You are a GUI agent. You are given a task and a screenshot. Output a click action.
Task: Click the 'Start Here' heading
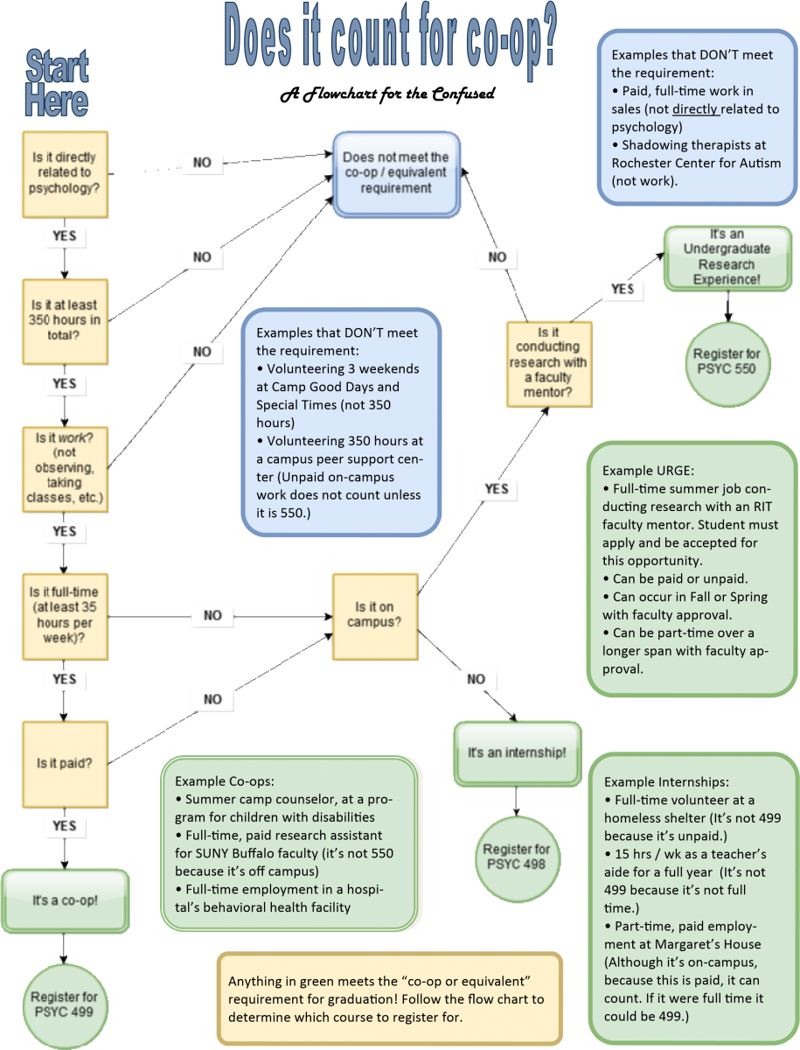point(57,85)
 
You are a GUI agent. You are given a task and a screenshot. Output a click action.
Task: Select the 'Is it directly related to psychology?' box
point(66,175)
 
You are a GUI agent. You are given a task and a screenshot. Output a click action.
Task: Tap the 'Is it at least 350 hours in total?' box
point(66,320)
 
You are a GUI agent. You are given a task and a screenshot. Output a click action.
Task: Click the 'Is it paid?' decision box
point(66,763)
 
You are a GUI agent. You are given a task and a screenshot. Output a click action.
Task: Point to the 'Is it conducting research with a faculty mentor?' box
point(548,363)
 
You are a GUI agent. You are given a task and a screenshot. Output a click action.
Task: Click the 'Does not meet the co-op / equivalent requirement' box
point(395,173)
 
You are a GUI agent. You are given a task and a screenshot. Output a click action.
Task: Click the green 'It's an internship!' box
point(517,752)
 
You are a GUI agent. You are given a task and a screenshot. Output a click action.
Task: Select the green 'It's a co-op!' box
point(66,900)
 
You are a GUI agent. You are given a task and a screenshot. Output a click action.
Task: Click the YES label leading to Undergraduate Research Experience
point(622,289)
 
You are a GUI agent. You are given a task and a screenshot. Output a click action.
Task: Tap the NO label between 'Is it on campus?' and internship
point(476,679)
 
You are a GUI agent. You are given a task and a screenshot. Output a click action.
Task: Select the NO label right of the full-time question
point(212,615)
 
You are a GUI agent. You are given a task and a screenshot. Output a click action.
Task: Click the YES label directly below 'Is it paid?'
point(64,825)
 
